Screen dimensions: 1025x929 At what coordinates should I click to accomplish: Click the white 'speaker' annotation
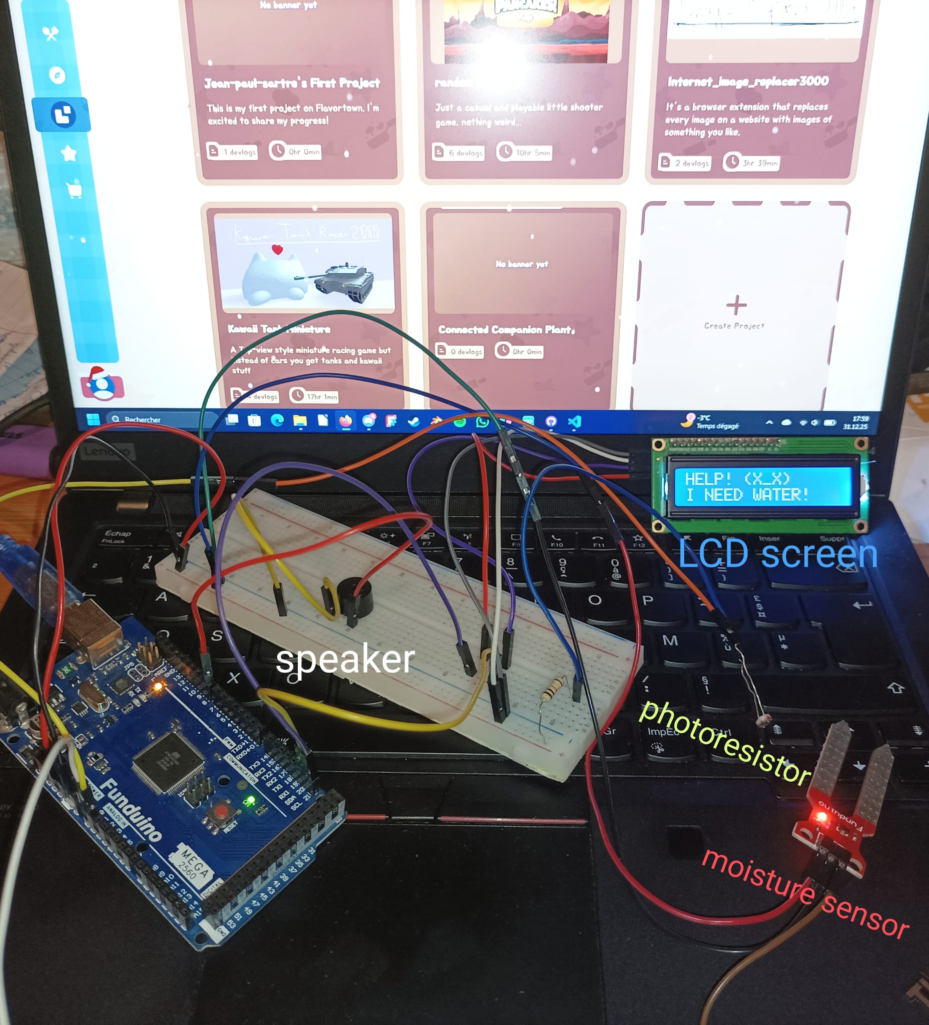345,660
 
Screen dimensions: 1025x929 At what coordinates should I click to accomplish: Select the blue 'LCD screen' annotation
778,554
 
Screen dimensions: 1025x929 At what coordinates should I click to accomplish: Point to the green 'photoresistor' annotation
725,742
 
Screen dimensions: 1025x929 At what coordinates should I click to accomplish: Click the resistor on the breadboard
553,689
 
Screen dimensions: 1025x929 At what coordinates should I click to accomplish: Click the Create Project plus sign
736,305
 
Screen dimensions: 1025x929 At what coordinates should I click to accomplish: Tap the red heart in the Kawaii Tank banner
277,249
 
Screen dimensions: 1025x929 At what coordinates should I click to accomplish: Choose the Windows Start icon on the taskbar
93,419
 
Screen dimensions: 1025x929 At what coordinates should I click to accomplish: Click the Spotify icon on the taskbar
459,422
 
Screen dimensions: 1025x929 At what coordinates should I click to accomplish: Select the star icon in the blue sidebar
68,153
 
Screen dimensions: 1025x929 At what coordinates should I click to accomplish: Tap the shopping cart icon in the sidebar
74,190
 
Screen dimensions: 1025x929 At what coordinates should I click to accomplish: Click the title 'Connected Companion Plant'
506,330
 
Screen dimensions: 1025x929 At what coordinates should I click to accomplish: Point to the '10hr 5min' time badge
525,153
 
